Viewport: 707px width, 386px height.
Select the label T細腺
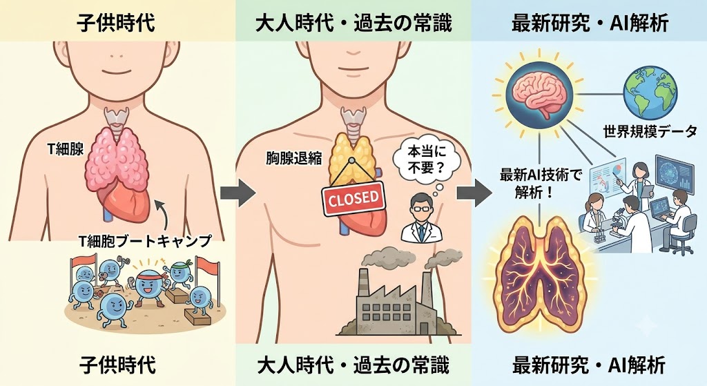coord(66,149)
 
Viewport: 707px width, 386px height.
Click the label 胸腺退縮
coord(293,159)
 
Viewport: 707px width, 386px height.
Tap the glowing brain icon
coord(539,95)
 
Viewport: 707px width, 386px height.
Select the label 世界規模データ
coord(650,132)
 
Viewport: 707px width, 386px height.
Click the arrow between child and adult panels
coord(238,193)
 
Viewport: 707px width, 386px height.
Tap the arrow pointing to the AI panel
coord(474,193)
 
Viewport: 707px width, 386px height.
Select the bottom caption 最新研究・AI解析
coord(589,365)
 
